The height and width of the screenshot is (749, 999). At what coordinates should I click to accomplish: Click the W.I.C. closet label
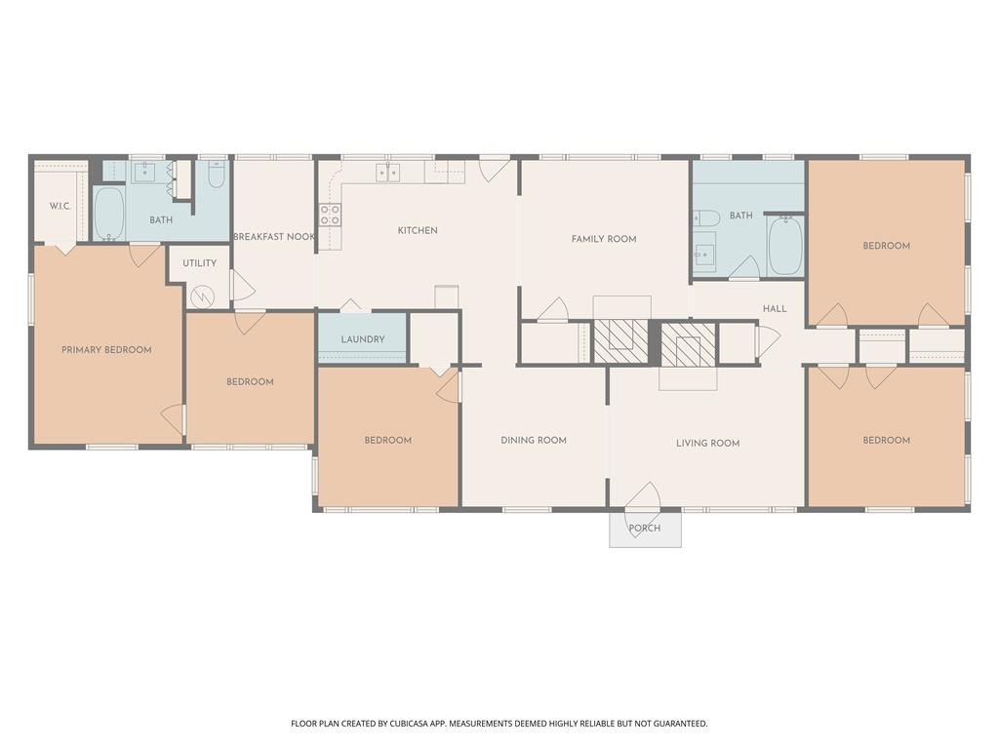(x=60, y=207)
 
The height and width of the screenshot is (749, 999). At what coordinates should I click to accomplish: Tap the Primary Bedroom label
(x=106, y=350)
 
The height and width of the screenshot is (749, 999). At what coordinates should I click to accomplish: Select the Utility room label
(x=199, y=263)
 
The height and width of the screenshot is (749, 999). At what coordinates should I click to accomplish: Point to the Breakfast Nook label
(x=274, y=237)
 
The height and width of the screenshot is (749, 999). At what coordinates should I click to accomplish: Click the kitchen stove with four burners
(x=330, y=216)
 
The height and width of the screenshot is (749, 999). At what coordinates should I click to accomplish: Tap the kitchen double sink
(x=388, y=173)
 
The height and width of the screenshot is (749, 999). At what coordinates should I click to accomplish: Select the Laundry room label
(x=363, y=339)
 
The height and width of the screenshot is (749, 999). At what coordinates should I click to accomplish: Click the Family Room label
(x=604, y=239)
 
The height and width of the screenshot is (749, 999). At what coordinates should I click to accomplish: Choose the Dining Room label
(x=534, y=440)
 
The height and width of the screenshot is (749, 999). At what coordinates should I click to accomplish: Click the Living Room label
(x=708, y=444)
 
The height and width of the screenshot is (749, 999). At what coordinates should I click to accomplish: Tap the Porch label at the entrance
(x=645, y=528)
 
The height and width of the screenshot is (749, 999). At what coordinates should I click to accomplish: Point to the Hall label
(x=775, y=309)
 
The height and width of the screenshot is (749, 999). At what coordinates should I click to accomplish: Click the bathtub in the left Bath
(x=109, y=213)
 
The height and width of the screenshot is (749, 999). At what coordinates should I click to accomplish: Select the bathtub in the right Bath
(x=785, y=245)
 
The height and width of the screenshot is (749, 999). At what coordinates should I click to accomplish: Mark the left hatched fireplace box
(x=620, y=341)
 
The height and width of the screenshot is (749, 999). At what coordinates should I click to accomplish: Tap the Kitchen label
(x=418, y=230)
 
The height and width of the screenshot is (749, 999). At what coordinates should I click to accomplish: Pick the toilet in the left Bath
(x=217, y=174)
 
